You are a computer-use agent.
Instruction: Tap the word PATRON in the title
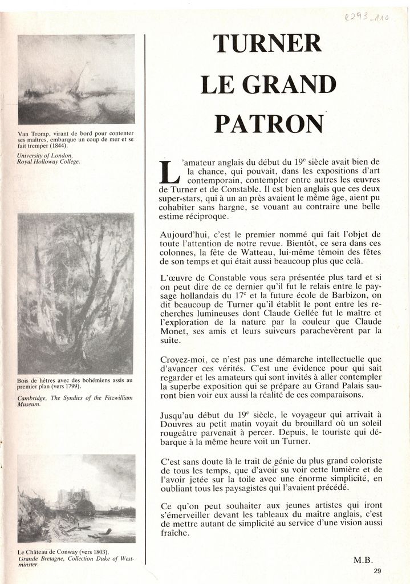[268, 123]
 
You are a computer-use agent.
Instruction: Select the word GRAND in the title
[289, 84]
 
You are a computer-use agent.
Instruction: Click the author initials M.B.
[363, 559]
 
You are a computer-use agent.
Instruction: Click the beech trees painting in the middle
[75, 293]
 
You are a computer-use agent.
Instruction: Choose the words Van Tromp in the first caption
[31, 133]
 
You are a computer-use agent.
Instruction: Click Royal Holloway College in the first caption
[48, 161]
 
